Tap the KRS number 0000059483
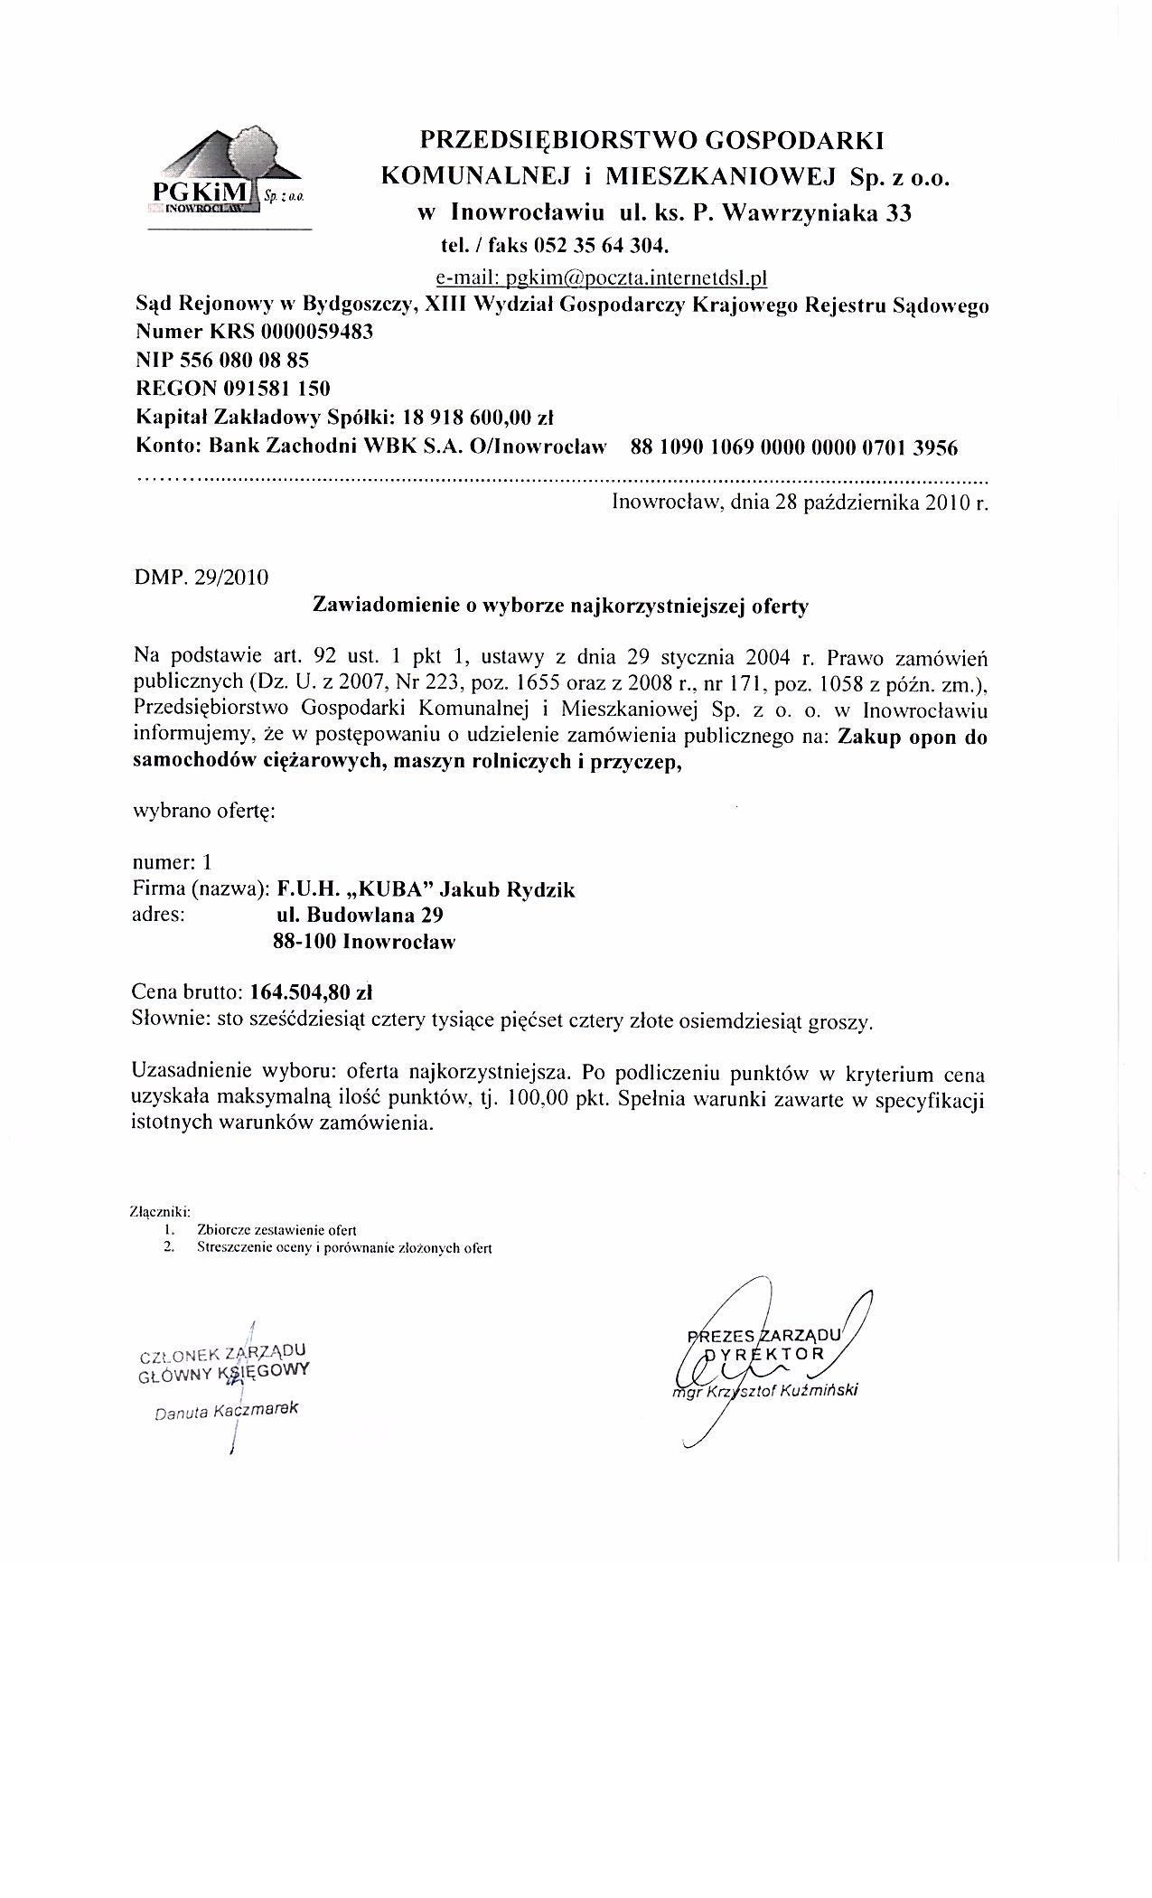316,332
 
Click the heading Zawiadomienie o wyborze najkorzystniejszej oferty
559,606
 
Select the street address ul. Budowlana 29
360,915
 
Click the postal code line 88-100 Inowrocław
363,942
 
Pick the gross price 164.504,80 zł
312,991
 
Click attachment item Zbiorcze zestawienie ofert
276,1230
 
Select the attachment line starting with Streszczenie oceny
343,1248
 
